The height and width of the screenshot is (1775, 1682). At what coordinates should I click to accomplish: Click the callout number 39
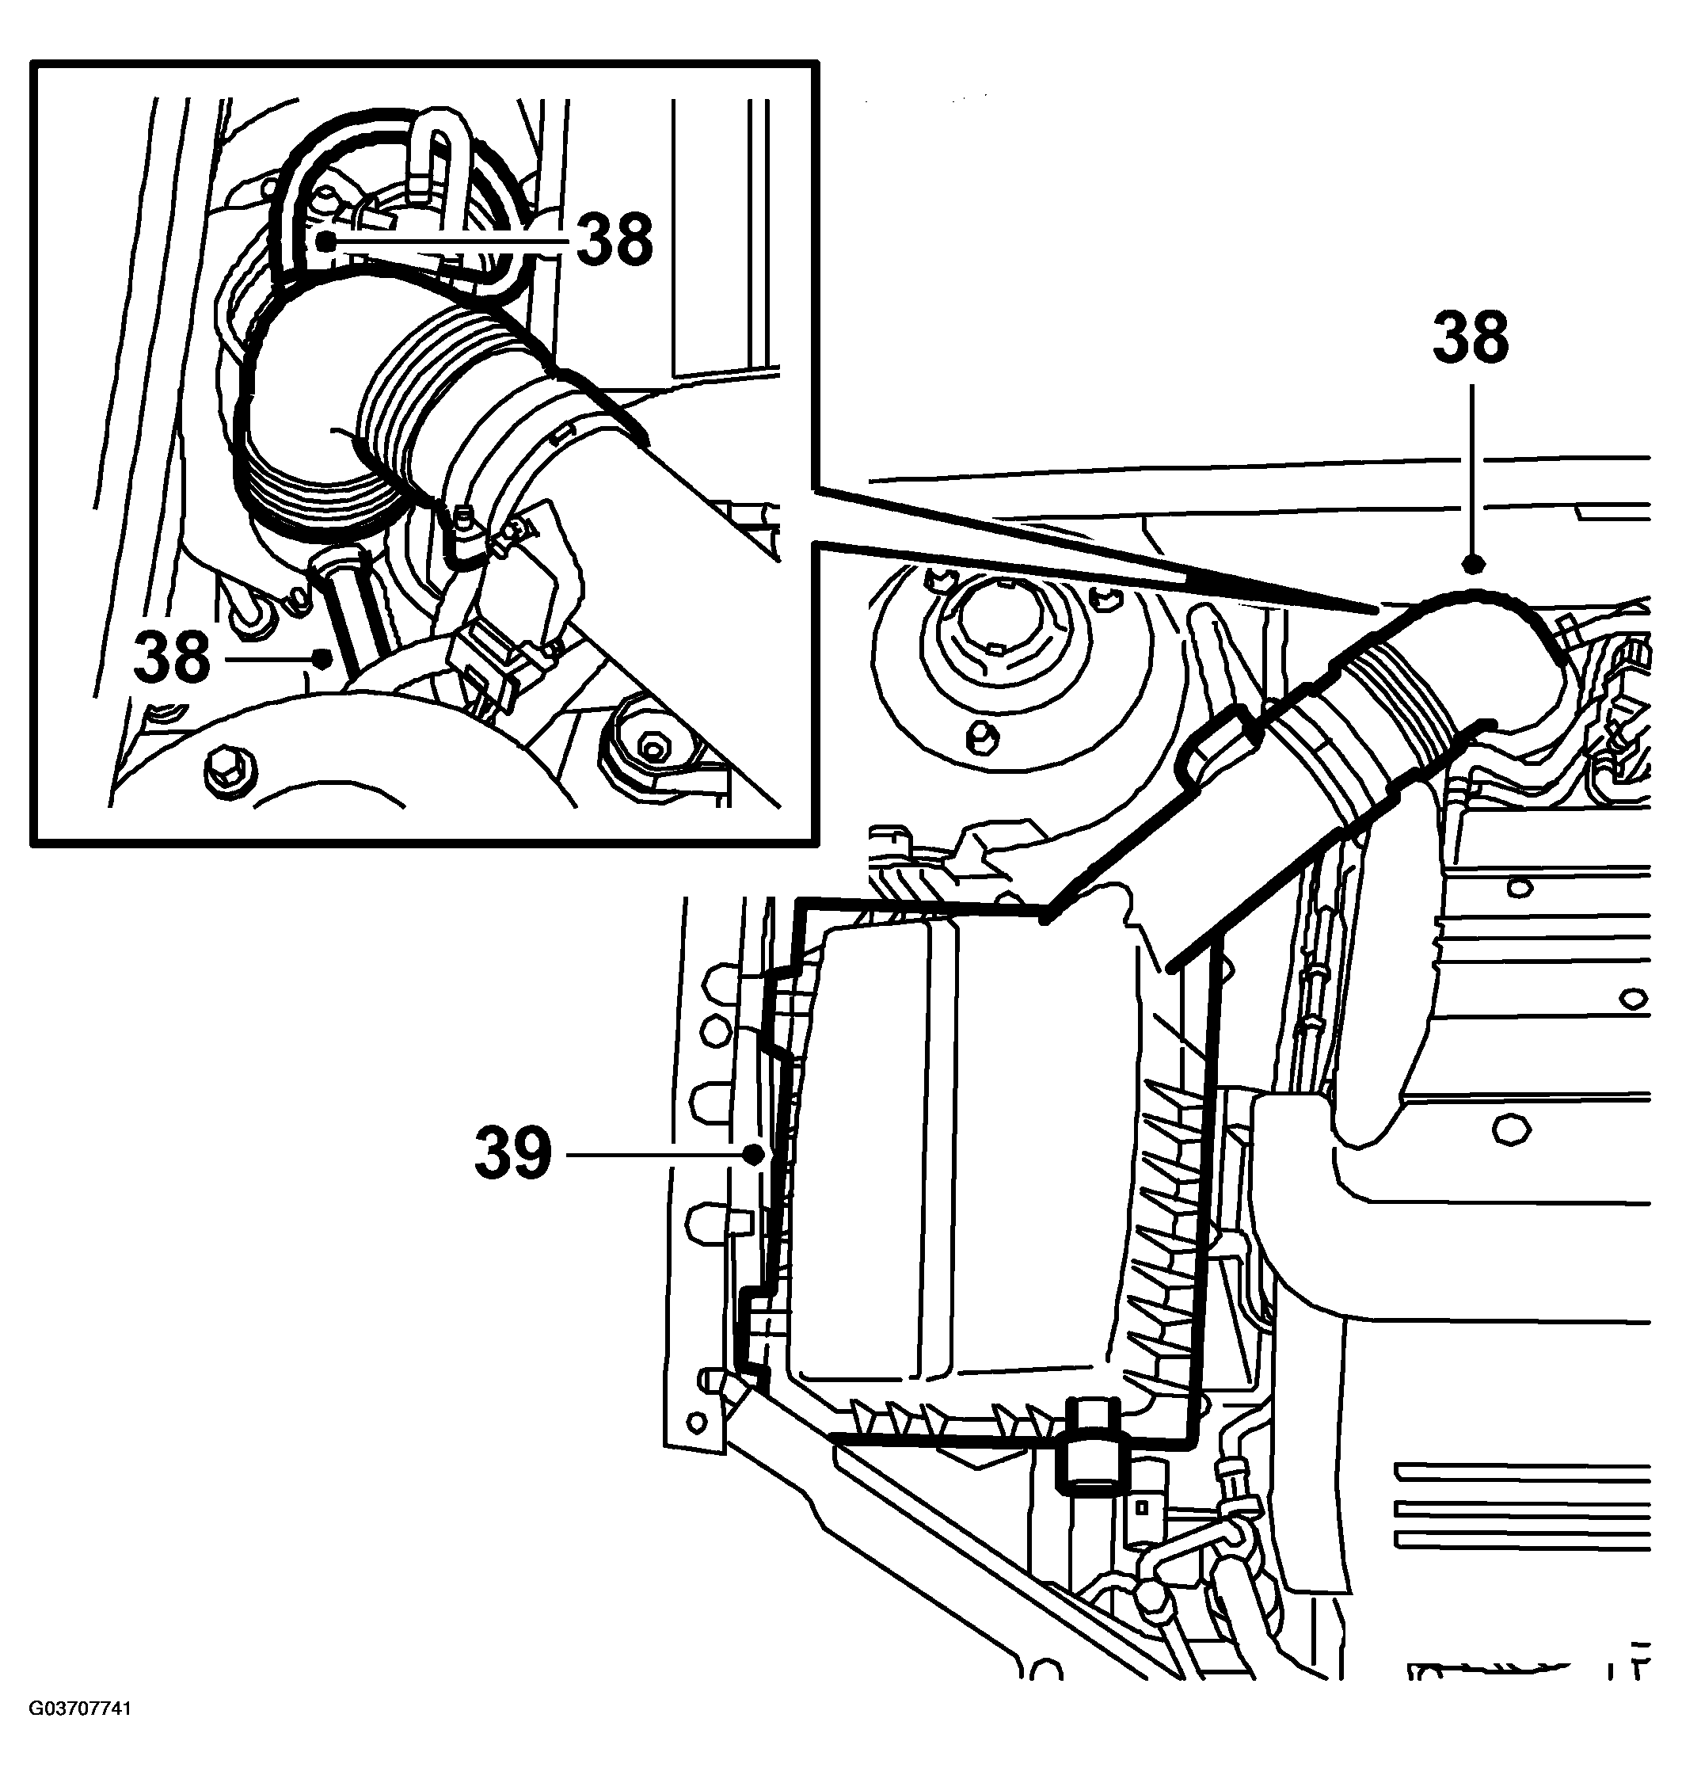tap(513, 1153)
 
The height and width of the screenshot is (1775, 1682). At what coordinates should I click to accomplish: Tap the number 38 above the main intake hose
tap(1471, 339)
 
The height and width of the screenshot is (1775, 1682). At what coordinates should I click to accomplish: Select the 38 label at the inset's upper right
tap(615, 240)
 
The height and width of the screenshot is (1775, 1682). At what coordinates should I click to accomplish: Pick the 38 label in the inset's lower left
tap(171, 657)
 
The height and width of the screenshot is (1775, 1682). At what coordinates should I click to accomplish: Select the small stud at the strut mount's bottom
tap(982, 737)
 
